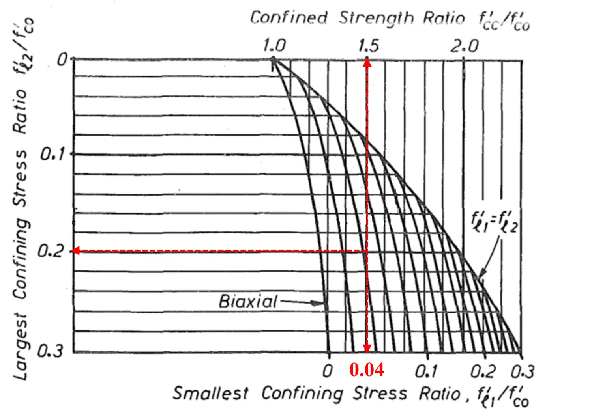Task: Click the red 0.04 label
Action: [366, 370]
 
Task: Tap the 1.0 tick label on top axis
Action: [274, 46]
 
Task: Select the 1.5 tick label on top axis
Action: [368, 46]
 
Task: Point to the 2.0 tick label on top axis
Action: [465, 46]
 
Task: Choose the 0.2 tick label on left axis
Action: [50, 251]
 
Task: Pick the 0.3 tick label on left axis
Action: [50, 351]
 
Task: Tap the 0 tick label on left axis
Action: [62, 60]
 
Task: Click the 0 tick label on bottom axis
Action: [328, 371]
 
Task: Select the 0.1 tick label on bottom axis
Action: [426, 371]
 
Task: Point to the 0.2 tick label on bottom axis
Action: [483, 371]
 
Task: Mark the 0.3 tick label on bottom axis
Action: [522, 371]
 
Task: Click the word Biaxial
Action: [248, 302]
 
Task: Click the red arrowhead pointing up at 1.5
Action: [367, 62]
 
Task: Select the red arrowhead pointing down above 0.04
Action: [367, 348]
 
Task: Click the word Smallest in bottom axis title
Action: [211, 393]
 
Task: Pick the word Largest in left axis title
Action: [21, 347]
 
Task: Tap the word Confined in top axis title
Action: [289, 18]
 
